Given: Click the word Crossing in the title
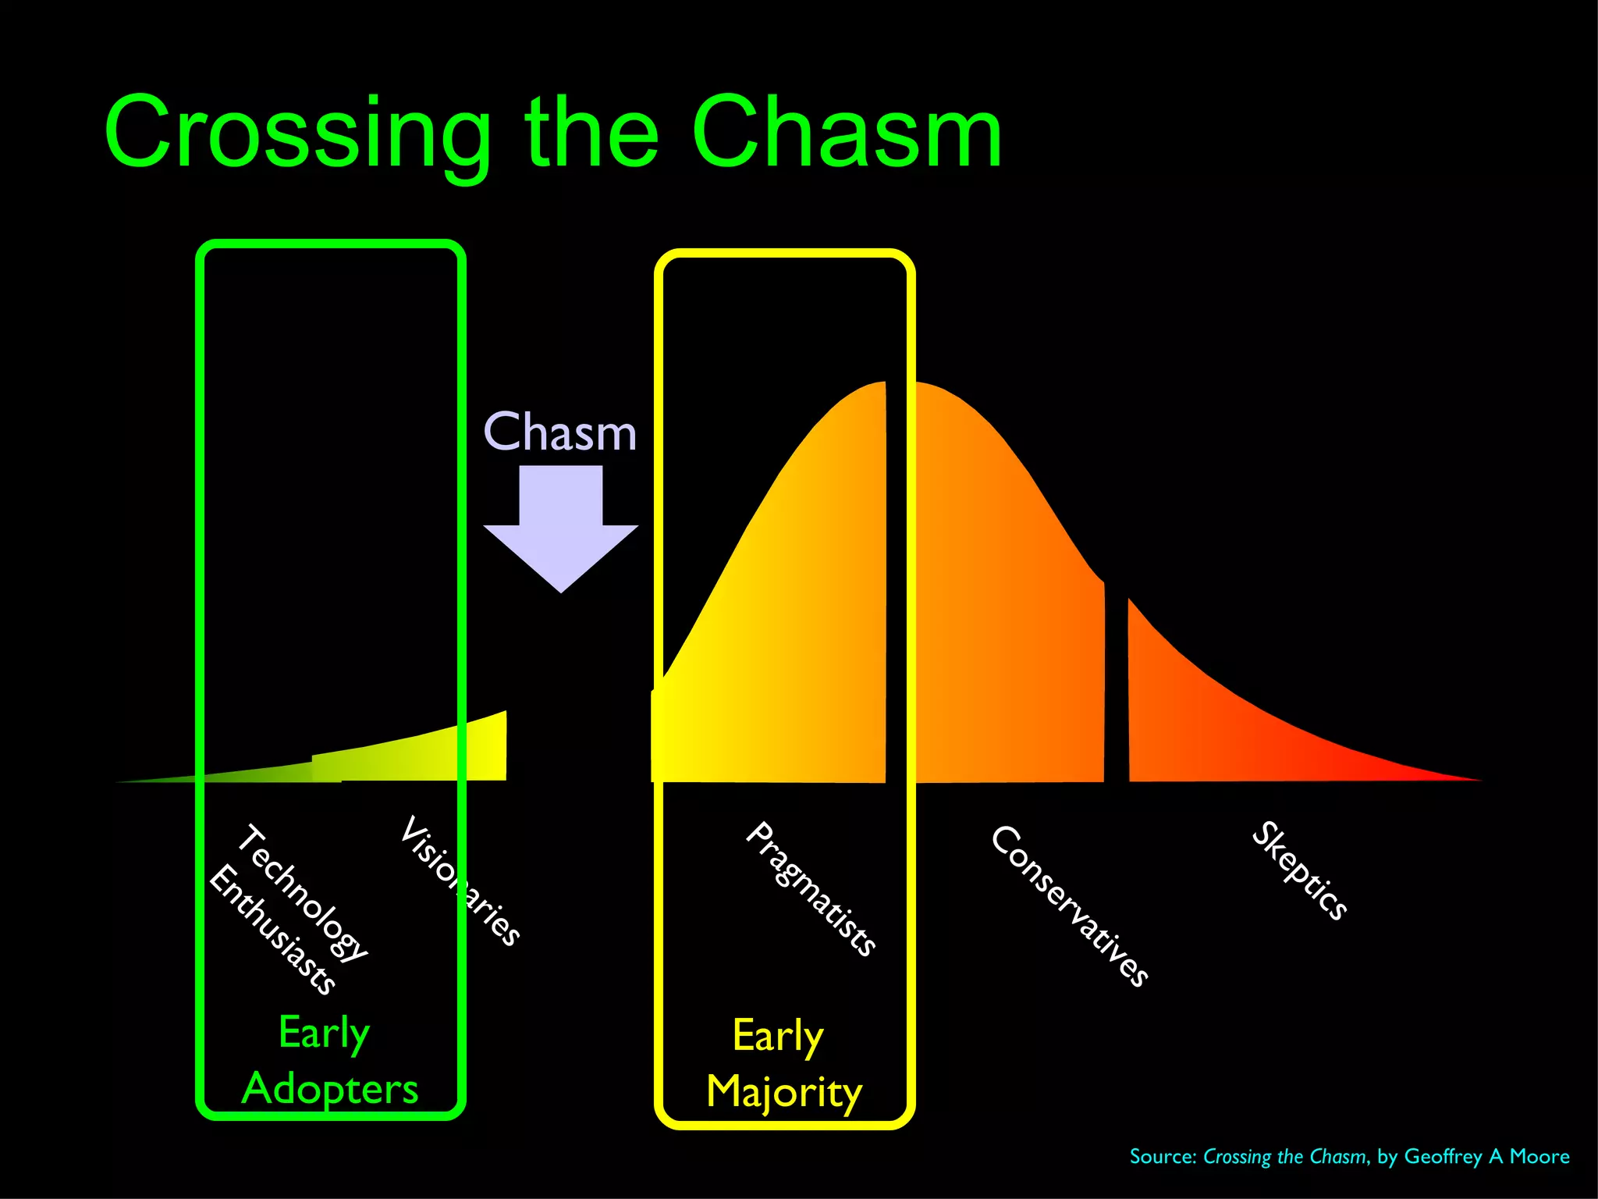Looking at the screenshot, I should pos(297,133).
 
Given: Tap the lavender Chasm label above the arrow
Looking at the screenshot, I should pos(560,432).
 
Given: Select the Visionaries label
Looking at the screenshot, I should pos(460,880).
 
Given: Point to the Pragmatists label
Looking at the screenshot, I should pos(811,888).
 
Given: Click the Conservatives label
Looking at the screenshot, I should pos(1070,905).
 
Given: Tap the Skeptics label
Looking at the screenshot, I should pos(1300,870).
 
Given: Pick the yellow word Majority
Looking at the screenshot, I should pos(784,1091).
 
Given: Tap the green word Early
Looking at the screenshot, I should pos(324,1034).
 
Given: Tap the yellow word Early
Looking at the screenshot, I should pos(778,1037).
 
